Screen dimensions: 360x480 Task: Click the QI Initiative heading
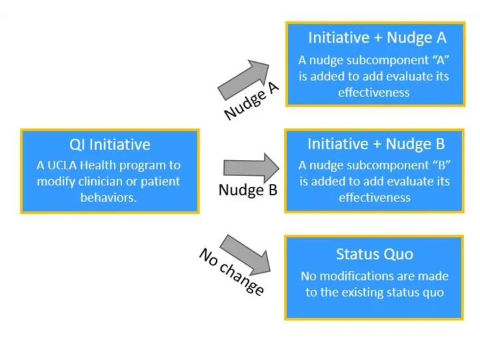click(110, 144)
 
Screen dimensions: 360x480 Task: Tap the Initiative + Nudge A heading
click(377, 37)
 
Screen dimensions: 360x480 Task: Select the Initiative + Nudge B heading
click(376, 143)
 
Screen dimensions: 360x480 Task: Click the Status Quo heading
click(374, 254)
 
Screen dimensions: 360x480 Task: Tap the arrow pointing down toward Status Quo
click(245, 254)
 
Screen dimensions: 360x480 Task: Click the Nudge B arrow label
click(247, 191)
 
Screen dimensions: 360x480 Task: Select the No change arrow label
click(231, 271)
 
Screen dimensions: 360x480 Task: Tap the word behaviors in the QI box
click(109, 198)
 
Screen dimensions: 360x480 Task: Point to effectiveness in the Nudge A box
click(374, 93)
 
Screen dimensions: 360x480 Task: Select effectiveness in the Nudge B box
click(375, 198)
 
